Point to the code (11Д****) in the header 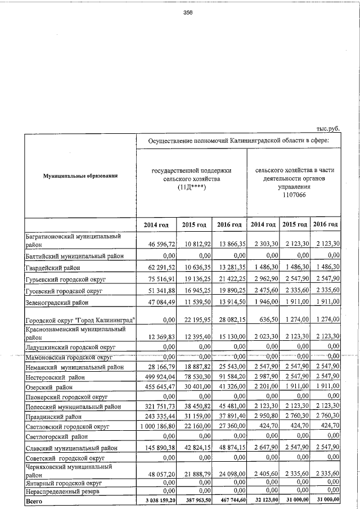point(191,187)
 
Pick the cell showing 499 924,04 point(156,376)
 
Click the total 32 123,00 point(264,499)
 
